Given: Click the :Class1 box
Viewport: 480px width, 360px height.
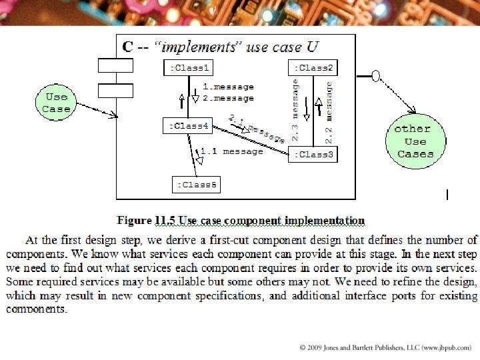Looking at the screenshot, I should pos(189,68).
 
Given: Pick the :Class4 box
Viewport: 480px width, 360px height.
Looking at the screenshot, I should pos(189,125).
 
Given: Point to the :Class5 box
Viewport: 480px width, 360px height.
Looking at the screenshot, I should pos(197,184).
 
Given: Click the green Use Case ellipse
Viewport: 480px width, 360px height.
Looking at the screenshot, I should pos(56,103).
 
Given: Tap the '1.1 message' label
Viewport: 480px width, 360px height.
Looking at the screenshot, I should pos(232,151).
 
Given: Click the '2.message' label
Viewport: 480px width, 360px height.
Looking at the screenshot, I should pos(228,98).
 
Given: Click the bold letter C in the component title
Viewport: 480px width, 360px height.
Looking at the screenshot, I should pos(127,47).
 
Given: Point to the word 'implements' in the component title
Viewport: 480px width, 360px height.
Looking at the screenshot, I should pos(197,47).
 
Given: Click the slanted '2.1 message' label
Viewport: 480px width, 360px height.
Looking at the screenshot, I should pos(257,129).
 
